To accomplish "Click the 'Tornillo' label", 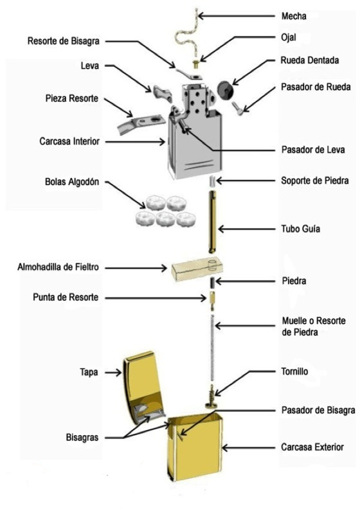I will pos(297,371).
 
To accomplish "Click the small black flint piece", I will pos(210,283).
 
